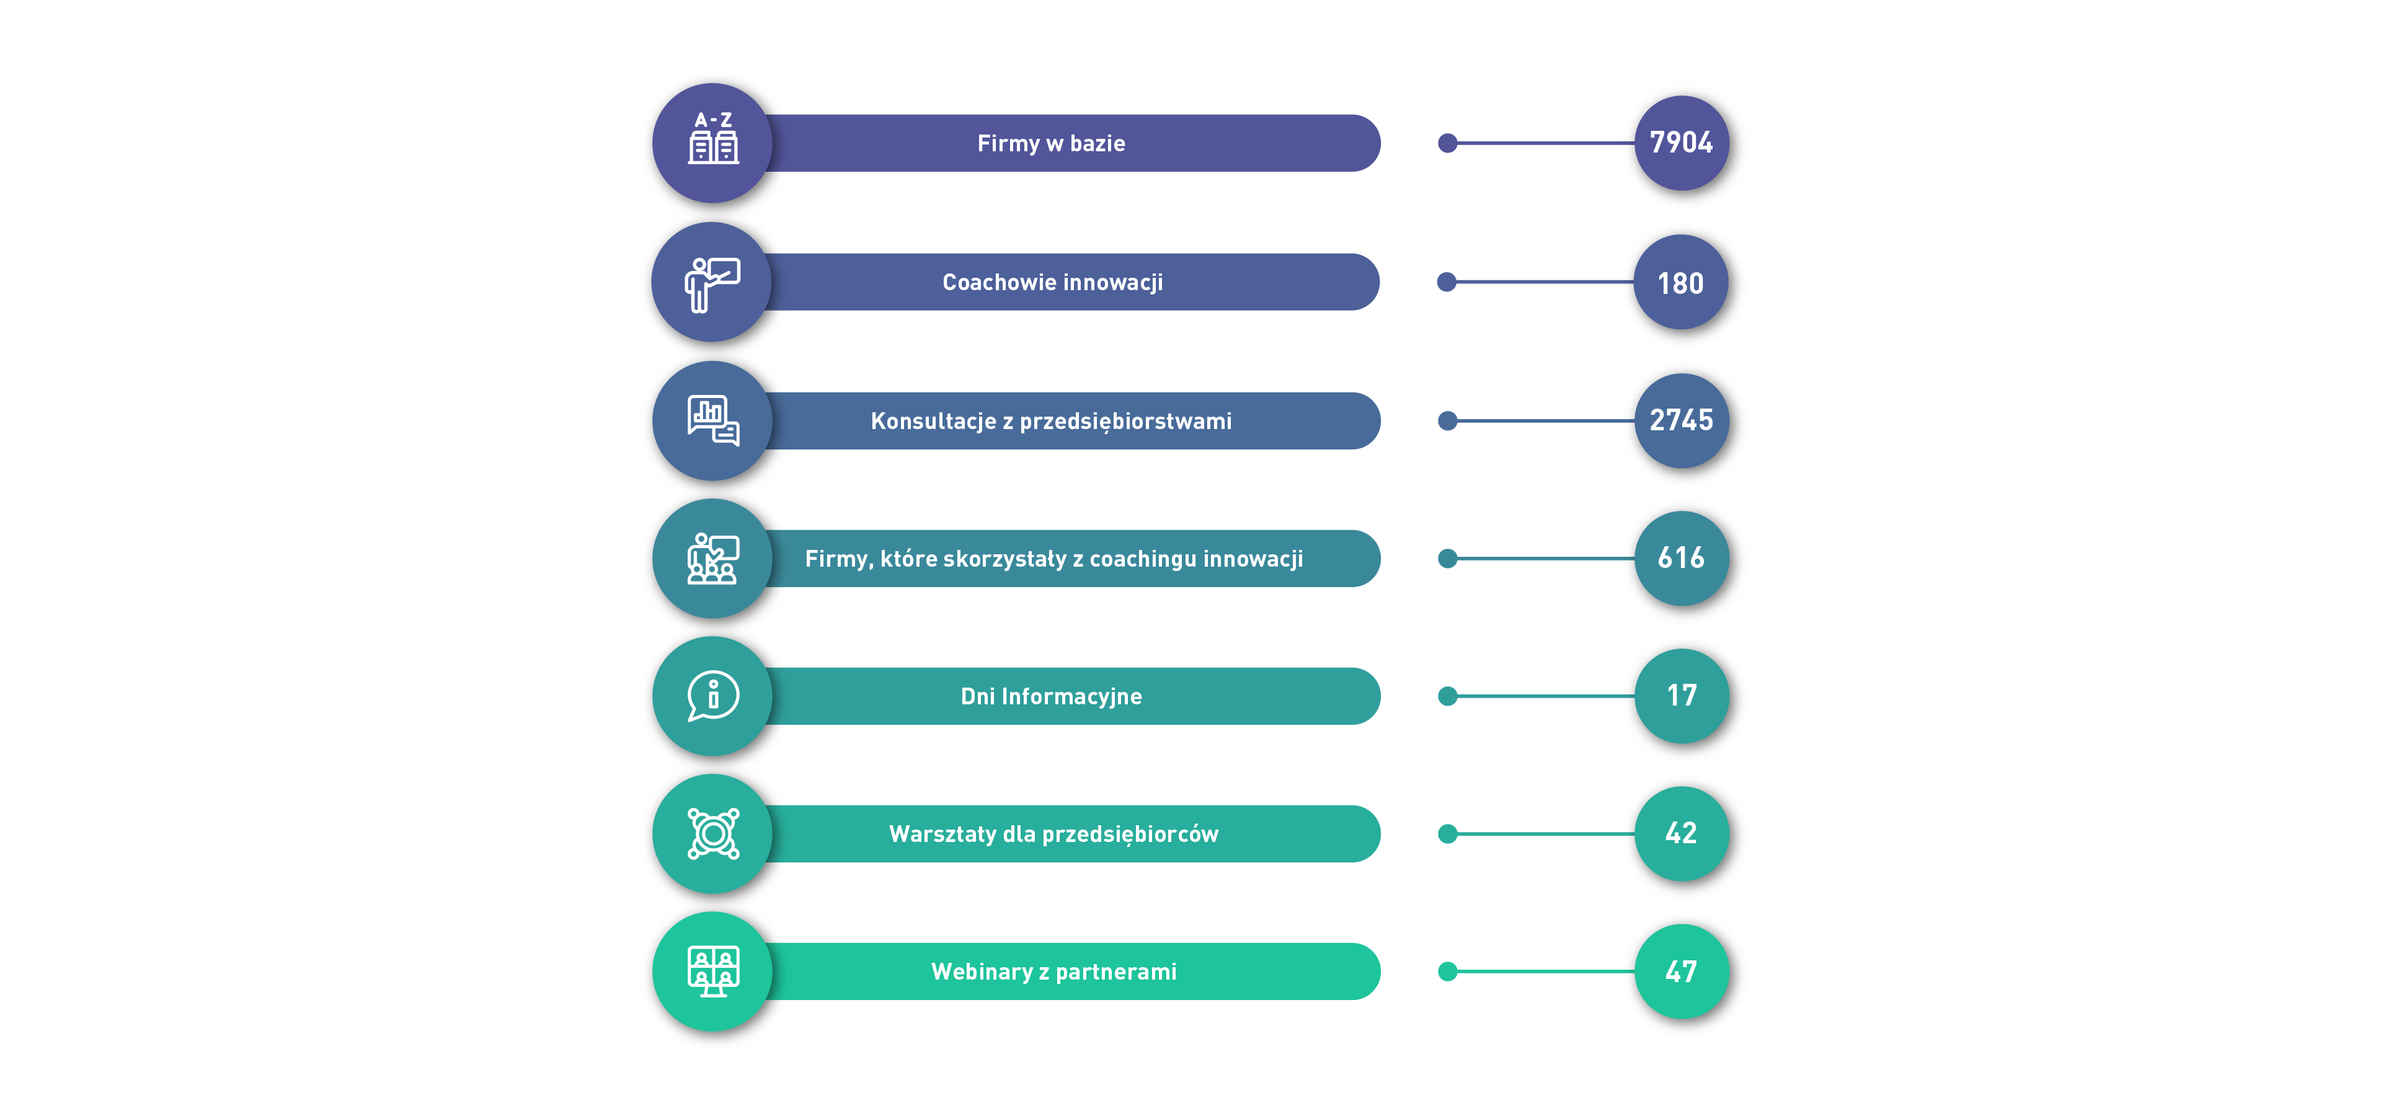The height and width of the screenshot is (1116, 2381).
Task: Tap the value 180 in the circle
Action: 1680,283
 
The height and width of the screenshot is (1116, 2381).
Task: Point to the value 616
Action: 1680,558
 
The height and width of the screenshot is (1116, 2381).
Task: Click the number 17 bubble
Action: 1682,696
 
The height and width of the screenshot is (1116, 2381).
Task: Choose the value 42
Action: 1680,833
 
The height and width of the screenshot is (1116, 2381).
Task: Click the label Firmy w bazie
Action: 1051,143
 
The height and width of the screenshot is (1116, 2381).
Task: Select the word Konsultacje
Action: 933,421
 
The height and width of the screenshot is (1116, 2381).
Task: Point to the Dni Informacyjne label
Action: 1051,697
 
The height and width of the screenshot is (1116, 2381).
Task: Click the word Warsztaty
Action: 942,835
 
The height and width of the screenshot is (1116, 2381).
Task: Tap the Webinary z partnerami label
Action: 1053,972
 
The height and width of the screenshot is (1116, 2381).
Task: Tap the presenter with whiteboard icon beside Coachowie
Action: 712,285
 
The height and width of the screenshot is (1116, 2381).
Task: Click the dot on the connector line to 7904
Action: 1447,143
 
